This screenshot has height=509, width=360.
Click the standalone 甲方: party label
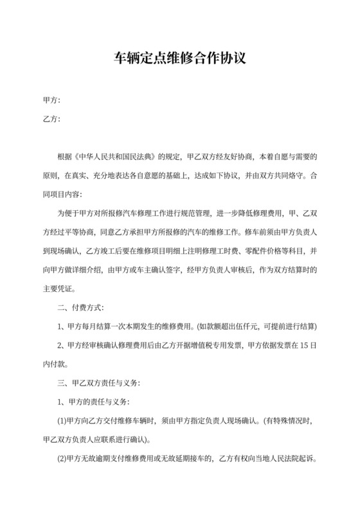click(x=51, y=102)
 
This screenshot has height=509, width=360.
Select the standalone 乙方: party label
click(x=51, y=120)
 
